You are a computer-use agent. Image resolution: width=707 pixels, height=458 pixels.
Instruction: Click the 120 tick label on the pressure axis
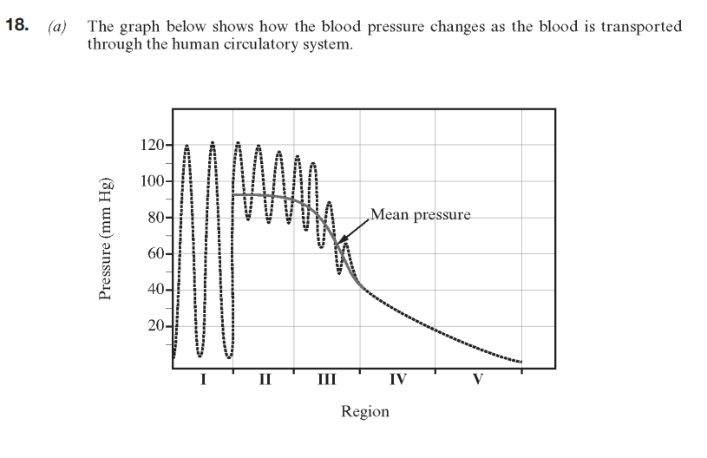[152, 145]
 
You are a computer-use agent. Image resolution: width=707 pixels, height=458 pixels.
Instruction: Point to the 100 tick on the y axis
[152, 181]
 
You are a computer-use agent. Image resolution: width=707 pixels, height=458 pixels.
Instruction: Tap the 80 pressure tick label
[155, 218]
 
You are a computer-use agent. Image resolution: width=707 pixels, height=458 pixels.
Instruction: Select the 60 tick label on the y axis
[155, 254]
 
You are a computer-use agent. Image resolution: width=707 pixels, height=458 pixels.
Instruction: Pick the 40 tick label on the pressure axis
[155, 290]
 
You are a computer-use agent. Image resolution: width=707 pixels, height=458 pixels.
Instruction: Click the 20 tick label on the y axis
[155, 326]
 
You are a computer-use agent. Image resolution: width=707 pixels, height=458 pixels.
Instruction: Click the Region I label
[202, 379]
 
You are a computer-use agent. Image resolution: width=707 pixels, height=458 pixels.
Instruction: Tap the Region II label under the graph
[265, 379]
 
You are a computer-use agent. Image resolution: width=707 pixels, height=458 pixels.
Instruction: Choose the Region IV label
[398, 379]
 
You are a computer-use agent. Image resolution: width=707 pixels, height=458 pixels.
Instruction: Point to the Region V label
[477, 379]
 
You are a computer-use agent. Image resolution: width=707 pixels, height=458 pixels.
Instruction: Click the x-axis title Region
[365, 411]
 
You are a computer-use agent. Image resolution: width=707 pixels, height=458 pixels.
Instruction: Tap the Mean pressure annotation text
[421, 214]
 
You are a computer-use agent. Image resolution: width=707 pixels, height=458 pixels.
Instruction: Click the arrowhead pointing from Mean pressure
[339, 242]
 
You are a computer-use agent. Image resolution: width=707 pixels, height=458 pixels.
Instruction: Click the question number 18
[16, 26]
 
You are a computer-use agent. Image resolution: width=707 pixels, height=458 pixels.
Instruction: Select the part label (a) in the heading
[57, 27]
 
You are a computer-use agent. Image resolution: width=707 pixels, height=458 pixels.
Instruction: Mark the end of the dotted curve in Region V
[520, 362]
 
